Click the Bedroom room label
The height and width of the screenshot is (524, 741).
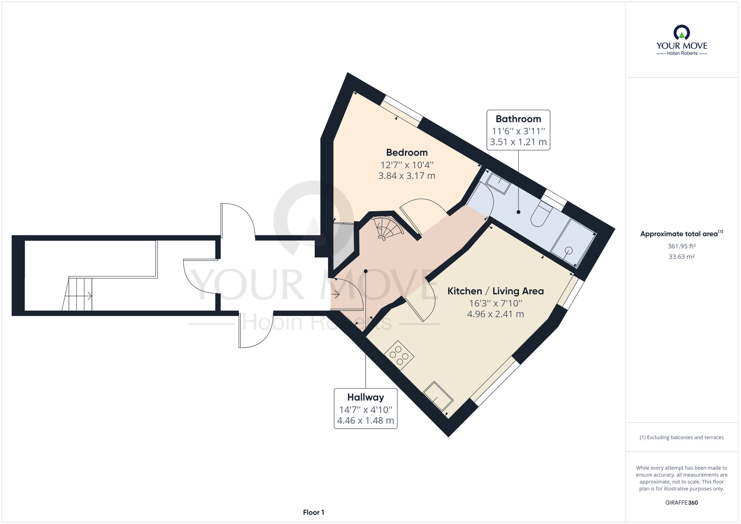(x=407, y=153)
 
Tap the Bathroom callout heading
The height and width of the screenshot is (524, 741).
(x=518, y=119)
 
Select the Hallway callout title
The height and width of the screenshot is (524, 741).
(x=366, y=397)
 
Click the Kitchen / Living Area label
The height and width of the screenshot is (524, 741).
(x=496, y=291)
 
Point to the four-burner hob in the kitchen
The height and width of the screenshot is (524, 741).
(x=399, y=355)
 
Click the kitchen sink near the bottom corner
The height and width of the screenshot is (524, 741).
(x=438, y=397)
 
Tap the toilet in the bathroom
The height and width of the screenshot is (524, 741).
(x=541, y=214)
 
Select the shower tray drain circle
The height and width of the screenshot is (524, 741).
(x=569, y=251)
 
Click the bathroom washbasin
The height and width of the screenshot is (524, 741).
(x=498, y=183)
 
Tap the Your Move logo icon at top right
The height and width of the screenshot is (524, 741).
(x=682, y=32)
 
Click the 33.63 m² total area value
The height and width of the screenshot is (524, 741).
(x=682, y=256)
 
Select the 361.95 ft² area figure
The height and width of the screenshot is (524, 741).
(x=682, y=246)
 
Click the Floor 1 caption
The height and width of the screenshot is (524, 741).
(x=313, y=513)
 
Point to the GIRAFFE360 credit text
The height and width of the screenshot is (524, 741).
(x=682, y=503)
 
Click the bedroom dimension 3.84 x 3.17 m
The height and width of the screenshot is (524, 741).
(x=407, y=176)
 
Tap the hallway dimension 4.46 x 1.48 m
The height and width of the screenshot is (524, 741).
(x=366, y=421)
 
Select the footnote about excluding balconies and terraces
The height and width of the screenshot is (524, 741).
(x=682, y=438)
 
